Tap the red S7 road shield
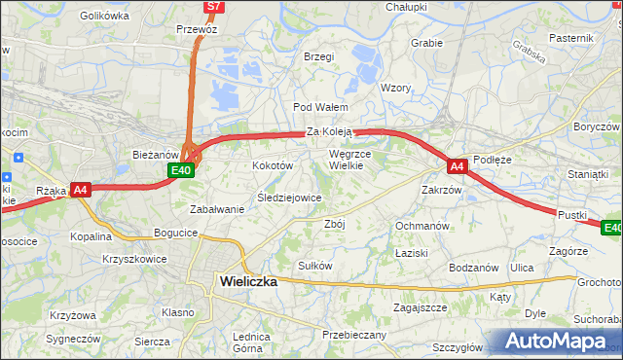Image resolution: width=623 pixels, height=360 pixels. tap(215, 7)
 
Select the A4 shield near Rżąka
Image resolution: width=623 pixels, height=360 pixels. tap(81, 191)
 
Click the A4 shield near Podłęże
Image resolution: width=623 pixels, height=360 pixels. tap(458, 166)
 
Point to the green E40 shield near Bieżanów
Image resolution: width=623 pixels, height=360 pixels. tap(180, 170)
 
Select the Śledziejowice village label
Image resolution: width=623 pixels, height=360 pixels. tap(288, 198)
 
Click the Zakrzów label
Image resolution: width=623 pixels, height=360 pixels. tap(441, 190)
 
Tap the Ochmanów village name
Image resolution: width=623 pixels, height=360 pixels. tap(422, 226)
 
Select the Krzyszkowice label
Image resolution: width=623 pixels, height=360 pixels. tap(134, 260)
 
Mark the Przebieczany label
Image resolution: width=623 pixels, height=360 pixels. tap(354, 335)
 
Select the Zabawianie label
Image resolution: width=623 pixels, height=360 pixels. tap(216, 209)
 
